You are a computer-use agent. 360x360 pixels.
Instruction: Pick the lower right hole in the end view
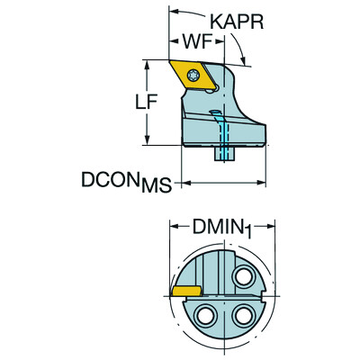tap(241, 316)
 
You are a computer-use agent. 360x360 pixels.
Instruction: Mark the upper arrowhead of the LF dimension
tap(148, 64)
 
